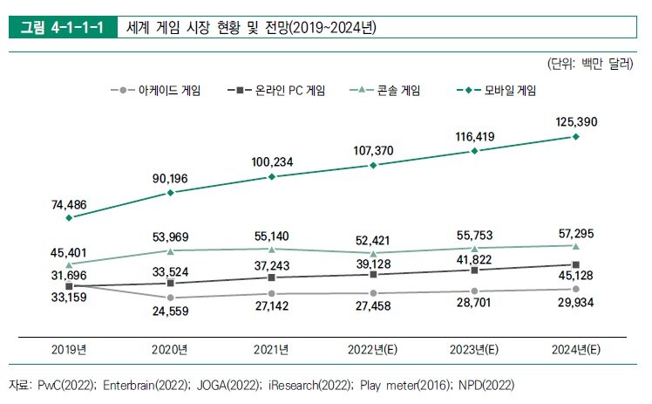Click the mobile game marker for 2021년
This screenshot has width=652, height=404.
pyautogui.click(x=272, y=176)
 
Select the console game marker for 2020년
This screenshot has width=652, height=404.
pyautogui.click(x=171, y=250)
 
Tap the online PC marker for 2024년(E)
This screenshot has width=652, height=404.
pyautogui.click(x=575, y=264)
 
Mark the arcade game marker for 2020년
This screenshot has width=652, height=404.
pyautogui.click(x=171, y=298)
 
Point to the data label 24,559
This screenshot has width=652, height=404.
pyautogui.click(x=171, y=312)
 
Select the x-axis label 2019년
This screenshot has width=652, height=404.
pyautogui.click(x=70, y=350)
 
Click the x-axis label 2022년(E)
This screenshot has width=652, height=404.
pyautogui.click(x=373, y=350)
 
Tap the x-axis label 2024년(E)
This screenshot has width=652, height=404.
pyautogui.click(x=575, y=350)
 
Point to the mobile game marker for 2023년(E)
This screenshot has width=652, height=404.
pyautogui.click(x=474, y=151)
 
